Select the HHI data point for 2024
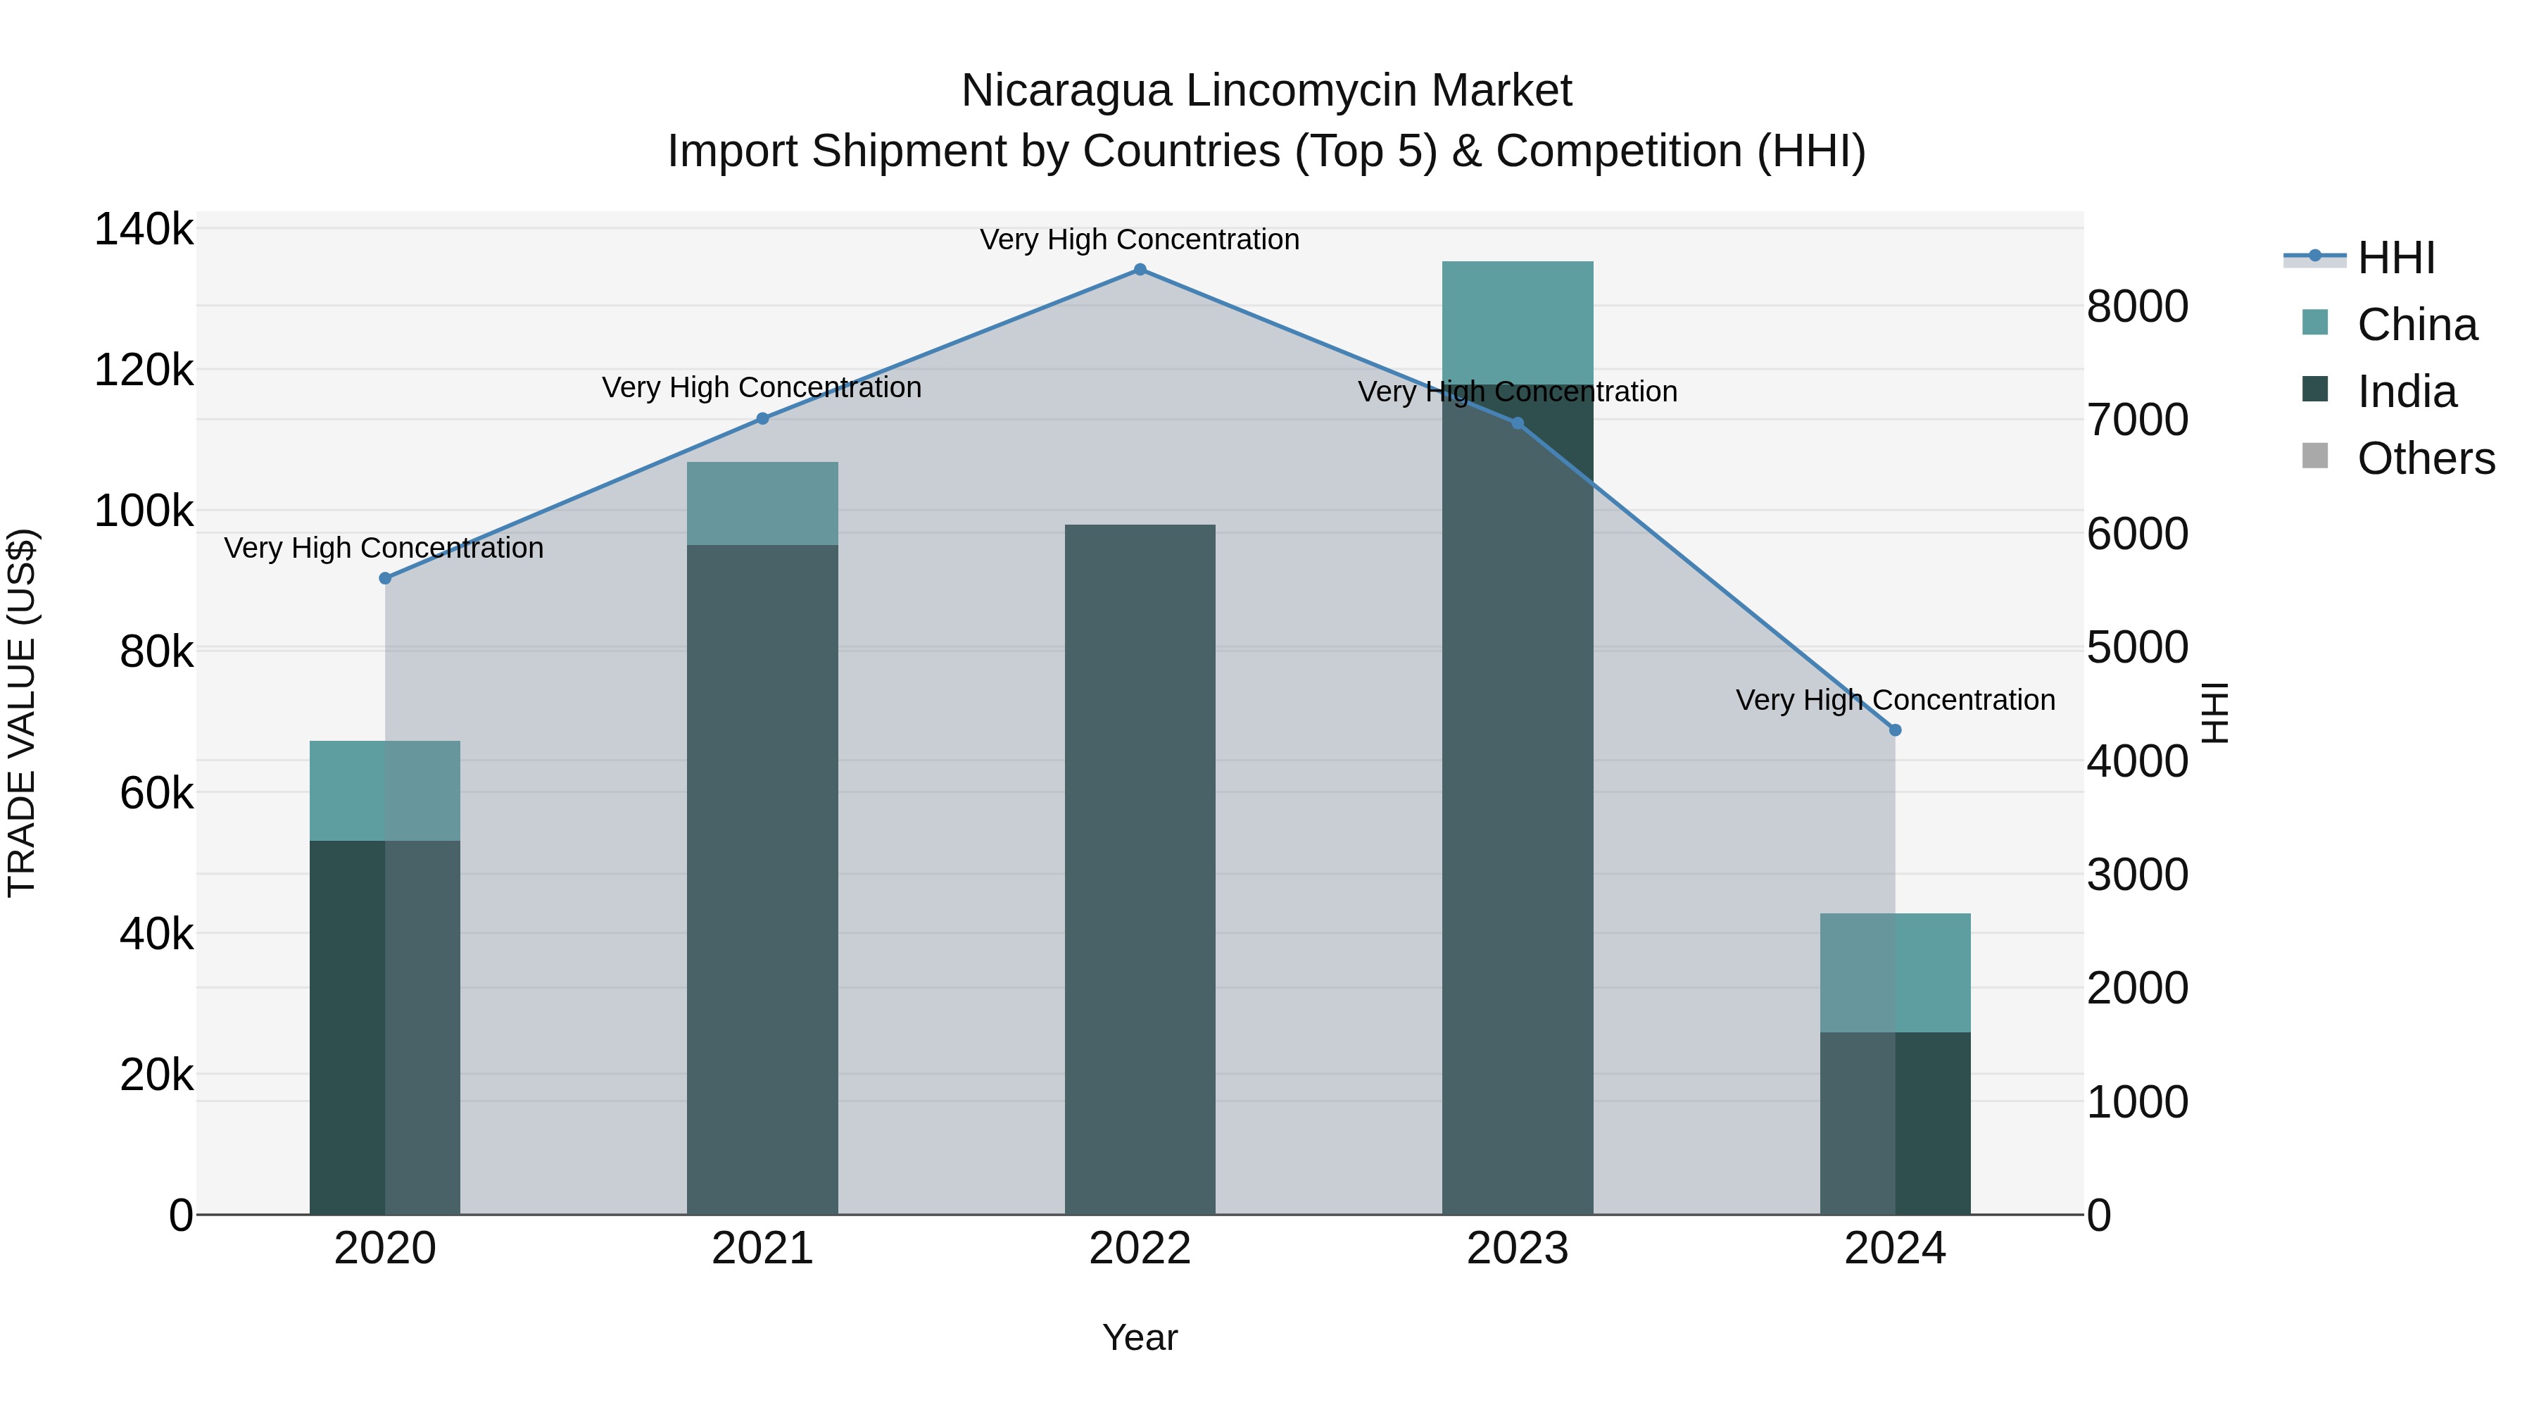(x=1895, y=730)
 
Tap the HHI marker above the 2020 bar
(x=384, y=579)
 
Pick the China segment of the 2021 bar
(x=762, y=503)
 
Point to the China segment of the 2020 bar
(x=384, y=790)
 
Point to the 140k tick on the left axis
(x=144, y=230)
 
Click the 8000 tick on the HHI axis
(x=2136, y=307)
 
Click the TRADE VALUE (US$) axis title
(x=22, y=713)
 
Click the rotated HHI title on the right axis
(x=2213, y=713)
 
